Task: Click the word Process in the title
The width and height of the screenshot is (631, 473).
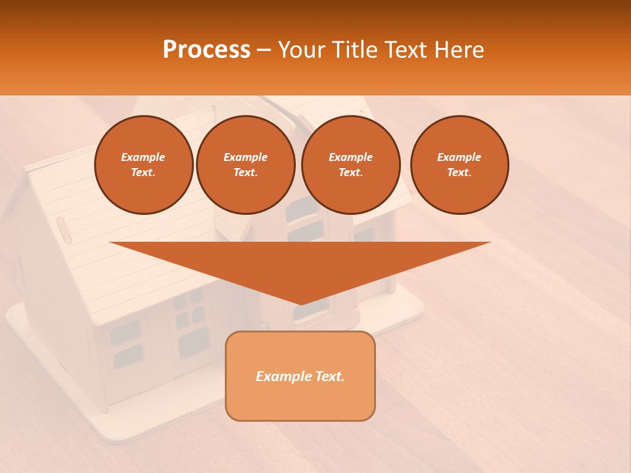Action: (x=206, y=50)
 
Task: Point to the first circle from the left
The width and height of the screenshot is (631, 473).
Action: (x=144, y=165)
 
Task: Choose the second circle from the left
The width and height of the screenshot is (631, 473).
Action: (x=246, y=165)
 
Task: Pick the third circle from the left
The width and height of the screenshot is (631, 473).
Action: (x=351, y=165)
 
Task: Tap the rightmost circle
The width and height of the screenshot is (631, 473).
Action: (x=459, y=165)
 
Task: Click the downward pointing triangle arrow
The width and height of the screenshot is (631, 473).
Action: (x=300, y=263)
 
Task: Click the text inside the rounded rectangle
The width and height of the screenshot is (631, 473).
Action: (x=300, y=376)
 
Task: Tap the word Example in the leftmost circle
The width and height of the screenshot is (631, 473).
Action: (x=143, y=157)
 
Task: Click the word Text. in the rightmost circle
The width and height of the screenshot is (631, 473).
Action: (x=459, y=173)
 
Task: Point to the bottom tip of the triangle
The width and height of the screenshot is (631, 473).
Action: (x=300, y=304)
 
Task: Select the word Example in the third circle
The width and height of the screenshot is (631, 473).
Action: (x=351, y=157)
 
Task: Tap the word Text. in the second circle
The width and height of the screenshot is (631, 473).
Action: (x=246, y=173)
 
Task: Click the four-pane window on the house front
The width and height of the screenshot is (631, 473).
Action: (x=189, y=307)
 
